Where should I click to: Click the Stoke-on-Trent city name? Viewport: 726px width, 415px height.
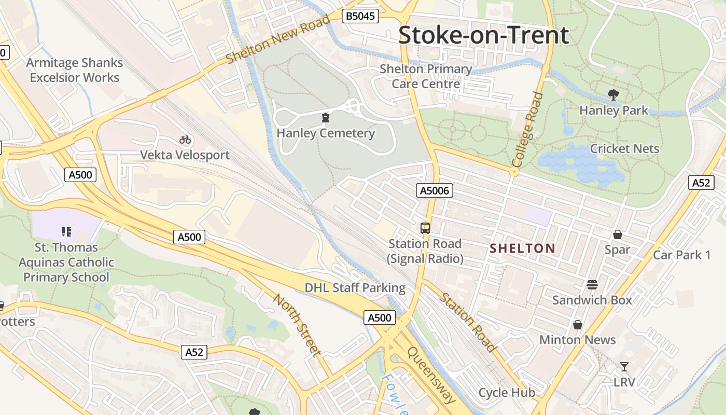pos(483,35)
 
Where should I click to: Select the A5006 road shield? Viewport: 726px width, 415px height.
pos(435,191)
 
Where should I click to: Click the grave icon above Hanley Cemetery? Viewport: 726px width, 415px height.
pos(325,118)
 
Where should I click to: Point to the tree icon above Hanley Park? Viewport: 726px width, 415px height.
pos(613,95)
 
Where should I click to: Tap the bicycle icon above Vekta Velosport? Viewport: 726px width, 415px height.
pos(185,139)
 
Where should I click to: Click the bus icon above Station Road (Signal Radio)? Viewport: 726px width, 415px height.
pos(425,228)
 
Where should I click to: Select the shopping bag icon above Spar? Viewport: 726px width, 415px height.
pos(617,234)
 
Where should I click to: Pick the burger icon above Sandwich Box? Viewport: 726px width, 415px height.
pos(592,284)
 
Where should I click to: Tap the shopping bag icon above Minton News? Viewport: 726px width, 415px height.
pos(577,325)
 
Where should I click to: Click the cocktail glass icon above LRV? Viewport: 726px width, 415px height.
pos(624,367)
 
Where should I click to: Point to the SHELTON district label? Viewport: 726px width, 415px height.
pos(522,248)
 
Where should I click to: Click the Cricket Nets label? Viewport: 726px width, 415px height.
pos(624,148)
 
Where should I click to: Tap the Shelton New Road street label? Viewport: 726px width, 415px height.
pos(278,39)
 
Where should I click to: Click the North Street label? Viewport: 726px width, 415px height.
pos(297,325)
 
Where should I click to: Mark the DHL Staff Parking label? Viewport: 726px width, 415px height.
pos(355,287)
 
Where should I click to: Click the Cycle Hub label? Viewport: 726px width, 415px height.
pos(507,393)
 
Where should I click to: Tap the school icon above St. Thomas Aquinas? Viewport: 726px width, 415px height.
pos(66,231)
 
